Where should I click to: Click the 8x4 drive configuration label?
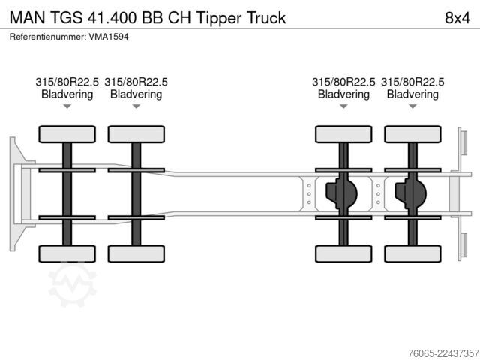457,18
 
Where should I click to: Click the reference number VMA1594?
109,37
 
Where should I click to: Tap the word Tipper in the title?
219,18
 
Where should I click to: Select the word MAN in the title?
28,18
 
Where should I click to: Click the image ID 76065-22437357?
443,353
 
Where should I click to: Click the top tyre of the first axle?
67,134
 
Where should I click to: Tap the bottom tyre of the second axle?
136,253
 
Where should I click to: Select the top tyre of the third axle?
343,134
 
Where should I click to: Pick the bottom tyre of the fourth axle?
412,253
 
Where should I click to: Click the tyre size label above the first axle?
67,82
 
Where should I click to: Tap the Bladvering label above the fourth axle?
412,94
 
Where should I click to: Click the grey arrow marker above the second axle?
136,106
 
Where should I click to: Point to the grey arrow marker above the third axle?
343,106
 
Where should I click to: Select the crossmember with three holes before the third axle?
309,194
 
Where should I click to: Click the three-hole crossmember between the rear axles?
378,194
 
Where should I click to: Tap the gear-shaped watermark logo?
73,283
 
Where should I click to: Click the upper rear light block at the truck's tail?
463,142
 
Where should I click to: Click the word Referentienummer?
47,37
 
